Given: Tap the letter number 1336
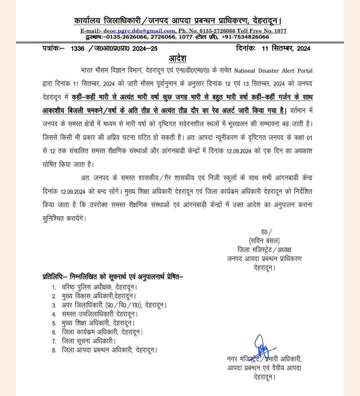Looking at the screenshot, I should click(78, 49).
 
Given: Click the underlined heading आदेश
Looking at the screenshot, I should click(177, 59).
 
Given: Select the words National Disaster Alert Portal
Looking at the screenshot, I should click(273, 71).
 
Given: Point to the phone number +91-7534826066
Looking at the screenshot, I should click(245, 37).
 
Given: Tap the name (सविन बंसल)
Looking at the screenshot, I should click(264, 240).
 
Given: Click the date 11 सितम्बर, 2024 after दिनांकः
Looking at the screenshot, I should click(286, 49).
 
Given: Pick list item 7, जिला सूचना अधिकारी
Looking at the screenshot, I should click(89, 341).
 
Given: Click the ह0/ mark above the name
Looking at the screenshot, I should click(266, 232).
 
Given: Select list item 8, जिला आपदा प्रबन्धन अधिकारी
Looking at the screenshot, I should click(109, 350).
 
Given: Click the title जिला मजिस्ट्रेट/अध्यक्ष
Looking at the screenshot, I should click(264, 249).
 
